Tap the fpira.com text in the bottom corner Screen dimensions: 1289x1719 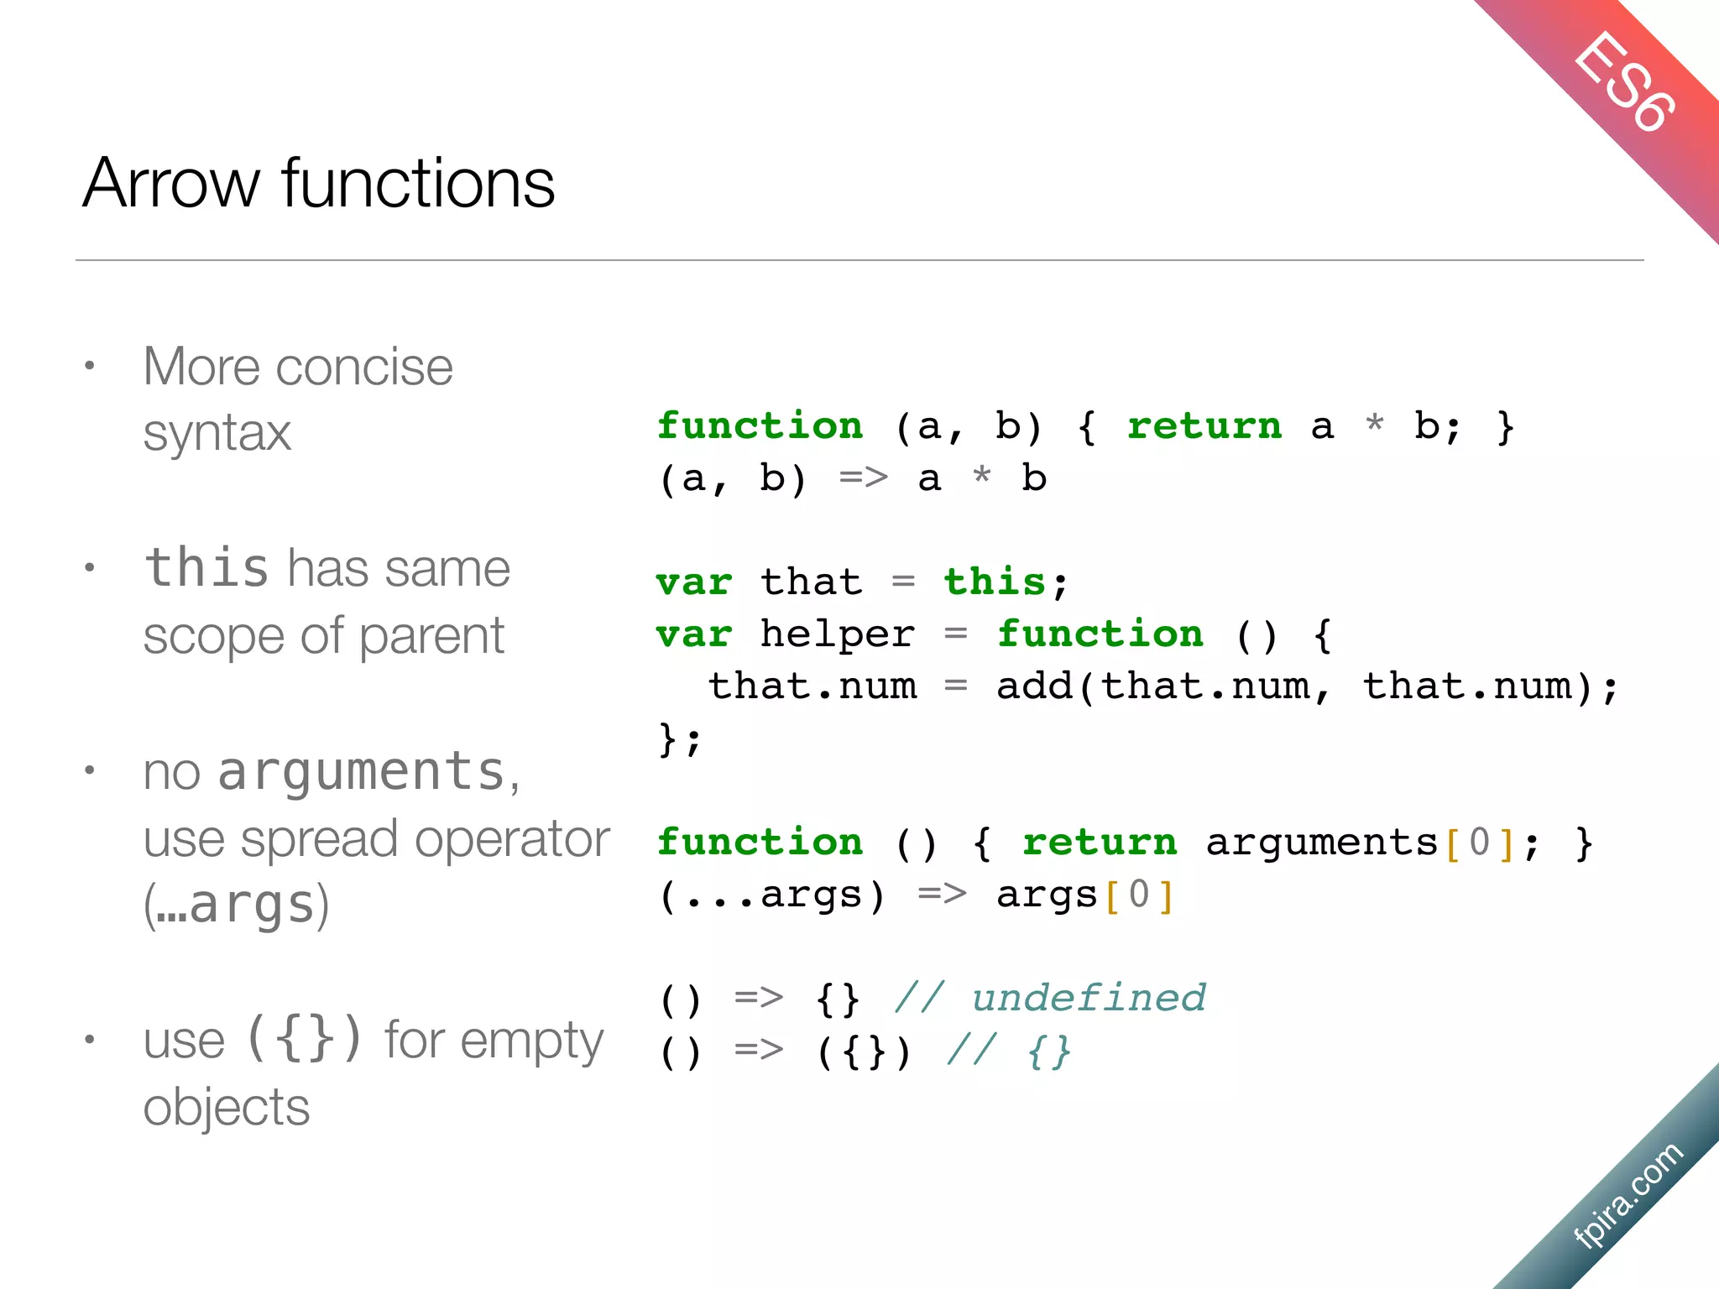pos(1628,1195)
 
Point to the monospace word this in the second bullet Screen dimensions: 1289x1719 pos(206,567)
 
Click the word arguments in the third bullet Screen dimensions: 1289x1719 pos(361,771)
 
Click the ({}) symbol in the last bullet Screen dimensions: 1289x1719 pos(305,1039)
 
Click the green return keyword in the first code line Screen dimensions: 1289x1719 pos(1204,426)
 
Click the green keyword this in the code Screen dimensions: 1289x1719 pos(995,582)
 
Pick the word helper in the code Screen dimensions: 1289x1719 pos(837,634)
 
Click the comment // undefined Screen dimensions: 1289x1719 pos(1050,999)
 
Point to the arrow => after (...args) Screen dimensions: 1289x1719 pos(941,895)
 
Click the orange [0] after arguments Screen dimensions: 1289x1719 pos(1480,843)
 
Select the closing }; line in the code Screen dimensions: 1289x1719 pos(679,739)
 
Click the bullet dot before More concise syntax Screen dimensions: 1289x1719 pos(90,366)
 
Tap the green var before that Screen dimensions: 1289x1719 pos(693,582)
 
